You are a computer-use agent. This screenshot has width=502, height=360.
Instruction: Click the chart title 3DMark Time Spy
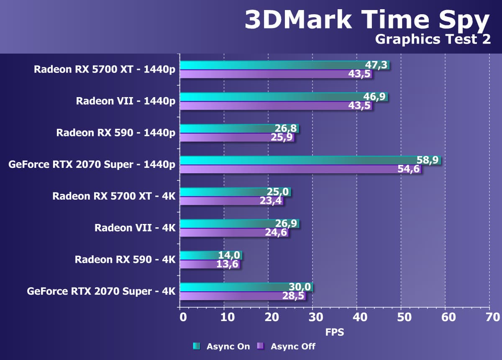pos(367,20)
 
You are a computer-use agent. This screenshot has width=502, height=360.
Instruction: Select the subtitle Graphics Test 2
pos(433,39)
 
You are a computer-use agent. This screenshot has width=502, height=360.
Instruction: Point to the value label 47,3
pos(376,65)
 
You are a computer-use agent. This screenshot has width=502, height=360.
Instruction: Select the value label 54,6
pos(408,170)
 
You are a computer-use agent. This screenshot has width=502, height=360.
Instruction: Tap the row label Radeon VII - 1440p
pos(125,101)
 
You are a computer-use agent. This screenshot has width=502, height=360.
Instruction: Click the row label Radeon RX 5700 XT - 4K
pos(114,196)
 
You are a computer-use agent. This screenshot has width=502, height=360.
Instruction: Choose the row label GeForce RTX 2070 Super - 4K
pos(101,291)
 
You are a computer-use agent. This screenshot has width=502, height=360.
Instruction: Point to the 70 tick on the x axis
pos(489,317)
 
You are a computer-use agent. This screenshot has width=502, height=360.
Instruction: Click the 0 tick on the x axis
pos(182,317)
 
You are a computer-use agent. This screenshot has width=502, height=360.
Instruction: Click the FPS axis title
pos(335,333)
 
